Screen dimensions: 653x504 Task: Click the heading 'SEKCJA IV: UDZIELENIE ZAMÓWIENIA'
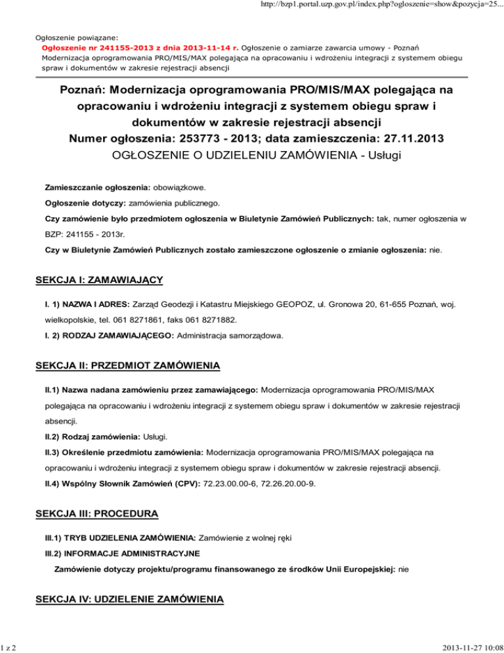pos(129,599)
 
